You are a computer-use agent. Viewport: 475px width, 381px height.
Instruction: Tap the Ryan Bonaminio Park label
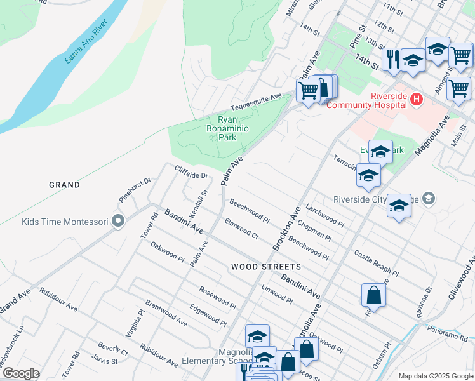point(227,128)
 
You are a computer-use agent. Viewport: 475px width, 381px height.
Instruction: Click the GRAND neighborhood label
point(65,185)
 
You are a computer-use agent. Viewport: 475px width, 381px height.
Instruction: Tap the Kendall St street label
point(199,201)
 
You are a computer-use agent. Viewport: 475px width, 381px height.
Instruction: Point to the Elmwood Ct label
point(241,229)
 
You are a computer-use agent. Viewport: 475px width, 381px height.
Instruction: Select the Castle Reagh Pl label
point(376,264)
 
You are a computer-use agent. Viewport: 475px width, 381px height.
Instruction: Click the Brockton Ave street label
point(286,227)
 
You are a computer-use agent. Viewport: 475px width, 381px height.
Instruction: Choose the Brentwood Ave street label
point(166,313)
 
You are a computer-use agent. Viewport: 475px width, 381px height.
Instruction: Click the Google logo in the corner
point(21,373)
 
